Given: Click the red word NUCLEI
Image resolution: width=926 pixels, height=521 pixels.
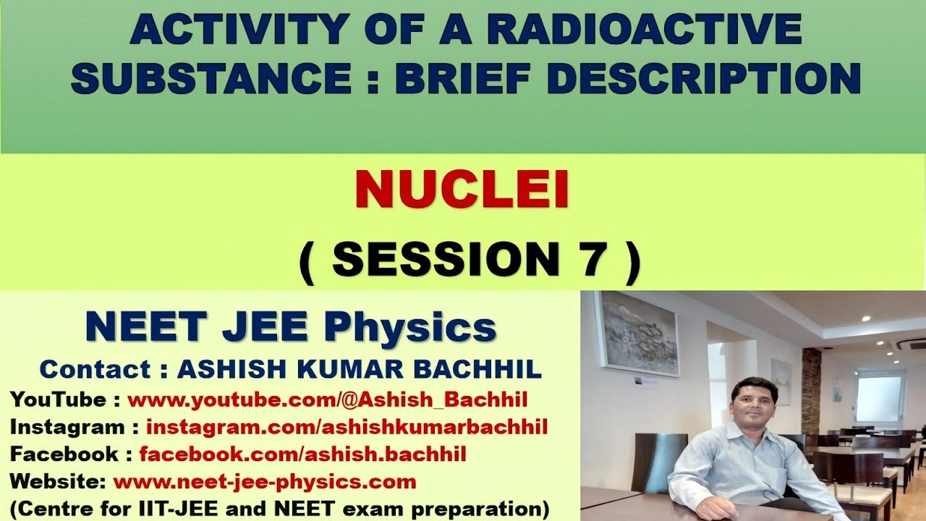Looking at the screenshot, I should pos(462,190).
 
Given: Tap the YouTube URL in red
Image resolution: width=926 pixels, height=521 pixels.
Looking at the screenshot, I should pos(327,399).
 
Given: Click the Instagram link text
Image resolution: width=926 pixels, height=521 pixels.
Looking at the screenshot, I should pos(347,427).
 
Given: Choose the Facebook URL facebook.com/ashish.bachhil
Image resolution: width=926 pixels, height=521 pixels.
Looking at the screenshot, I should pos(302,454).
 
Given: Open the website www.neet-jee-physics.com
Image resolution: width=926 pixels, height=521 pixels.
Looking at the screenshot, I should pos(265,481).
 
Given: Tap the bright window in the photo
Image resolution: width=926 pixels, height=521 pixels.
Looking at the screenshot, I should pos(879,398).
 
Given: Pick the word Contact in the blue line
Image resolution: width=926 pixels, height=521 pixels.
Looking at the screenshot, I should pos(94,369).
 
